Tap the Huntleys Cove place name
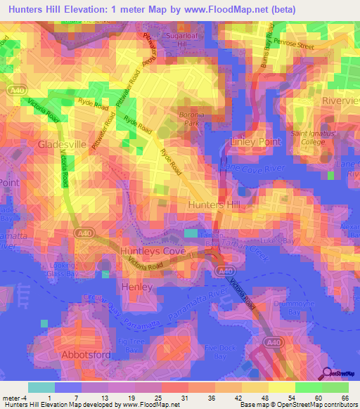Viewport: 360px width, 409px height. (x=136, y=250)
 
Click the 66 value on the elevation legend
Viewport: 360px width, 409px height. (x=343, y=398)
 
